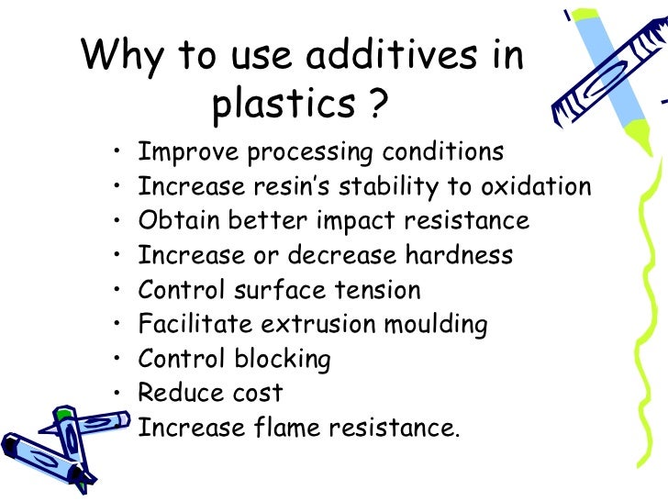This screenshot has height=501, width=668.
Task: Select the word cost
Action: pyautogui.click(x=256, y=394)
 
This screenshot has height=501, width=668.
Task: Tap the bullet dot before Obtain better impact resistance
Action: pyautogui.click(x=118, y=222)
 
